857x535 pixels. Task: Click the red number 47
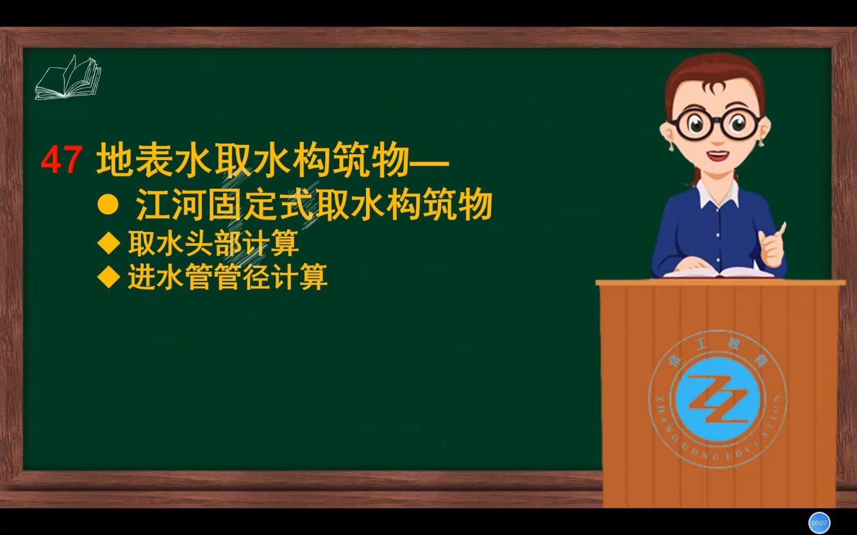[61, 160]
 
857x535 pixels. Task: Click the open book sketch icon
[68, 78]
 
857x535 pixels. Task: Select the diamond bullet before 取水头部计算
[109, 243]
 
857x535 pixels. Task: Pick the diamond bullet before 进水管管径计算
[109, 277]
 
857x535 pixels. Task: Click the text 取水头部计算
[213, 243]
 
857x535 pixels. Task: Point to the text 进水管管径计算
[228, 277]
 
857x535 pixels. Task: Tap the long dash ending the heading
[429, 161]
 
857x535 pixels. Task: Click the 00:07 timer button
[819, 523]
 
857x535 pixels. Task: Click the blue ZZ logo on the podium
[718, 399]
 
